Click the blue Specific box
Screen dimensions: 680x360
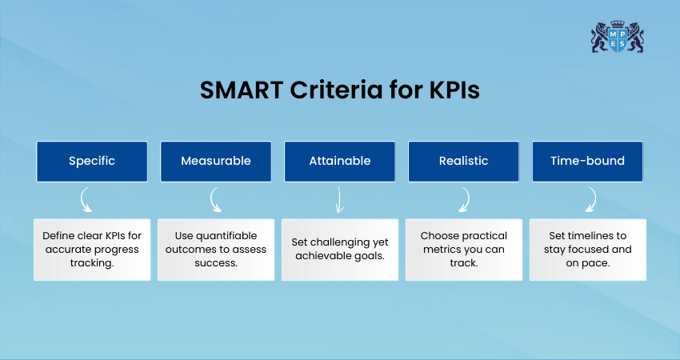(92, 162)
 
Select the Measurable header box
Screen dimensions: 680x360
(216, 162)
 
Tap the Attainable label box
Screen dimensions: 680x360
(339, 162)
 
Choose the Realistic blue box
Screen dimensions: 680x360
(463, 162)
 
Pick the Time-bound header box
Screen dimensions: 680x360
(588, 162)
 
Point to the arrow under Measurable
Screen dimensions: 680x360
(212, 200)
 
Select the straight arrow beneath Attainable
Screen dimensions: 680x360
(339, 199)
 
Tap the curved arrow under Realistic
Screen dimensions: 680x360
(467, 200)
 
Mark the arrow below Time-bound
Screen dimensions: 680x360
(594, 200)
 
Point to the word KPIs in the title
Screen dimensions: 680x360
(454, 90)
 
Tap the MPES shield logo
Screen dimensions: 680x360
(618, 37)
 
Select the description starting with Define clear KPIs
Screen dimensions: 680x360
(92, 250)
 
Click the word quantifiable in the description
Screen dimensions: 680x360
(226, 236)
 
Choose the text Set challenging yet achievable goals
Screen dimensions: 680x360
(340, 249)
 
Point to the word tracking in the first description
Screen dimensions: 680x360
(92, 263)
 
